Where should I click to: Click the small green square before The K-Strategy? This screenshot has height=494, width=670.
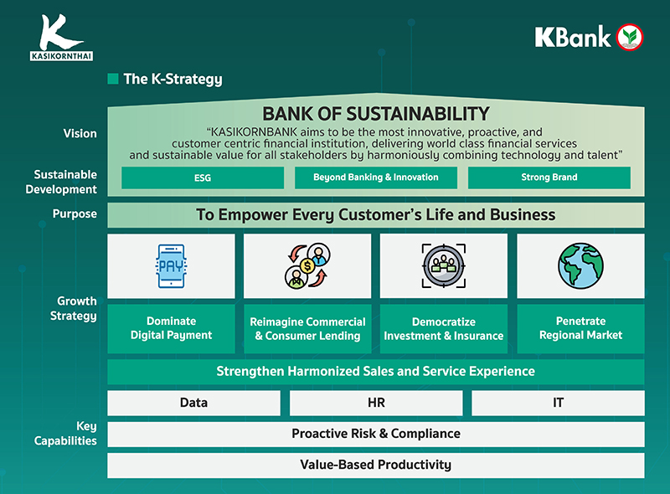pyautogui.click(x=113, y=80)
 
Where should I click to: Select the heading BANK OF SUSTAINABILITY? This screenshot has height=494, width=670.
pyautogui.click(x=375, y=114)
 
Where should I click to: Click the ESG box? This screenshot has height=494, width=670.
pyautogui.click(x=203, y=178)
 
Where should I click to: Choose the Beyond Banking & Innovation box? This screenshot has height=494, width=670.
pyautogui.click(x=375, y=178)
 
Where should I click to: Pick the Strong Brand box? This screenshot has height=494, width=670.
pyautogui.click(x=549, y=178)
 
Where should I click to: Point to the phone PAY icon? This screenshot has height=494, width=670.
pyautogui.click(x=171, y=266)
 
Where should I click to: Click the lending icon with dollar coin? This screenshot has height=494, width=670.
pyautogui.click(x=307, y=266)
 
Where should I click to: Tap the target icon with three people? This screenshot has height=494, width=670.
pyautogui.click(x=443, y=266)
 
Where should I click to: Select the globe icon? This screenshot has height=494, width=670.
pyautogui.click(x=580, y=266)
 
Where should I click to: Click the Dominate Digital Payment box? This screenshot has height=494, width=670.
pyautogui.click(x=171, y=328)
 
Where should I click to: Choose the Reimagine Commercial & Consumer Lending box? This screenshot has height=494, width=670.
pyautogui.click(x=307, y=328)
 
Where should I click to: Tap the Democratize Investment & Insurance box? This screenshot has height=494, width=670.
pyautogui.click(x=443, y=328)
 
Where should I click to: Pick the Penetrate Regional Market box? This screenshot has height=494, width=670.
pyautogui.click(x=580, y=328)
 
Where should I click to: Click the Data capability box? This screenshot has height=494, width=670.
pyautogui.click(x=193, y=403)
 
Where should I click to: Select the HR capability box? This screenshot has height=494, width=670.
pyautogui.click(x=376, y=403)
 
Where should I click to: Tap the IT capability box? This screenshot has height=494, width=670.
pyautogui.click(x=558, y=403)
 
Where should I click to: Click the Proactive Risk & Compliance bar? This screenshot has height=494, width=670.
pyautogui.click(x=375, y=434)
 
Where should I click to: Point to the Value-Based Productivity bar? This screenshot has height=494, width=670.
pyautogui.click(x=375, y=465)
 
